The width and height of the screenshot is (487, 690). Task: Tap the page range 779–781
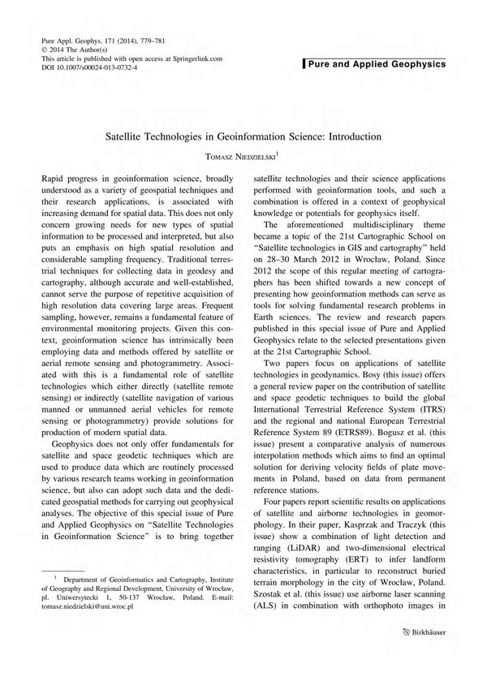[141, 39]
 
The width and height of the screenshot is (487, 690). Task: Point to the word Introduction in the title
[352, 138]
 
